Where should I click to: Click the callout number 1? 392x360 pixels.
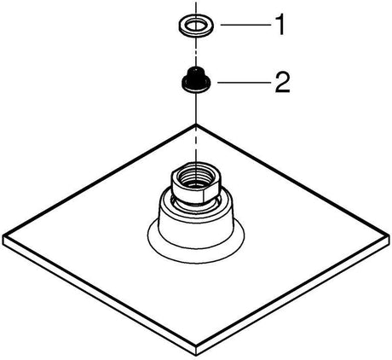pyautogui.click(x=280, y=26)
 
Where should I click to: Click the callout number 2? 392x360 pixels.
pyautogui.click(x=282, y=83)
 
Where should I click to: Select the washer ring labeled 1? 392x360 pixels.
pyautogui.click(x=196, y=26)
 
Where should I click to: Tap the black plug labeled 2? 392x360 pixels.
pyautogui.click(x=196, y=80)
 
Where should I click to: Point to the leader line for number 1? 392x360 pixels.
pyautogui.click(x=245, y=25)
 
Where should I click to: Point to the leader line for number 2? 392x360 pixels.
pyautogui.click(x=244, y=83)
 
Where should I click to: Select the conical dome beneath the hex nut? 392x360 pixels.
pyautogui.click(x=196, y=222)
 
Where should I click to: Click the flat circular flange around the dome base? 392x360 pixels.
pyautogui.click(x=196, y=249)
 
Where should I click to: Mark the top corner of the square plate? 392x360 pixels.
pyautogui.click(x=196, y=124)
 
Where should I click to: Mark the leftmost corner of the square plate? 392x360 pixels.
pyautogui.click(x=3, y=235)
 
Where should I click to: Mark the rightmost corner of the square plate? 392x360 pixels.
pyautogui.click(x=389, y=235)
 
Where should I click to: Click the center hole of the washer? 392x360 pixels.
pyautogui.click(x=196, y=26)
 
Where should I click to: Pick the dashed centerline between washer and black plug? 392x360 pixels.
pyautogui.click(x=196, y=52)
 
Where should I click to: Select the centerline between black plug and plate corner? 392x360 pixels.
pyautogui.click(x=196, y=108)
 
